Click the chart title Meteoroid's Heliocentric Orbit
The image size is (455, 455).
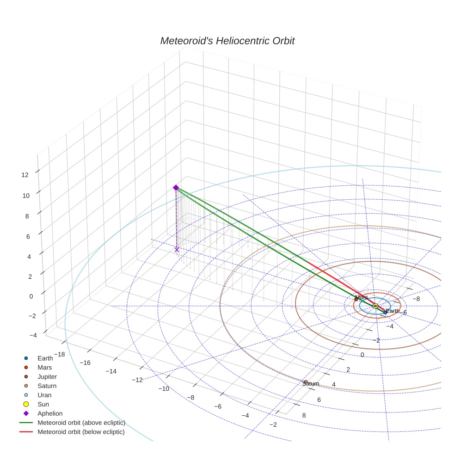tap(227, 41)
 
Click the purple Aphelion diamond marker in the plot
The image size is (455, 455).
tap(176, 187)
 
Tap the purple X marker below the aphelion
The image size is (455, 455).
tap(177, 250)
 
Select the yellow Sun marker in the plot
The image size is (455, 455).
tap(375, 306)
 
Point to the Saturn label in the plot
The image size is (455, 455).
tap(311, 384)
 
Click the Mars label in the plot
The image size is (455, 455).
tap(362, 297)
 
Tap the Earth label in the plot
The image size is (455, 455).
tap(392, 311)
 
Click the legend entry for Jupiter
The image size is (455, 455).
tap(47, 376)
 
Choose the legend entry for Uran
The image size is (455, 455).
tap(44, 395)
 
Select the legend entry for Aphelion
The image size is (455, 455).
tap(49, 413)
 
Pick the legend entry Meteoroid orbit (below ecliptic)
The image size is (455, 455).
tap(81, 432)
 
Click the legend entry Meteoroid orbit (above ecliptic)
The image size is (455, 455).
tap(81, 423)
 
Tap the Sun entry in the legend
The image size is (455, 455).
tap(43, 404)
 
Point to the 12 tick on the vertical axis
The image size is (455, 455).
tap(25, 174)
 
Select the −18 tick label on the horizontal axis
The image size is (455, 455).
tap(59, 354)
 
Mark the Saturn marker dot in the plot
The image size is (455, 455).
tap(306, 381)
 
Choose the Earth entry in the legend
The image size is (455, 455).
tap(45, 358)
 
